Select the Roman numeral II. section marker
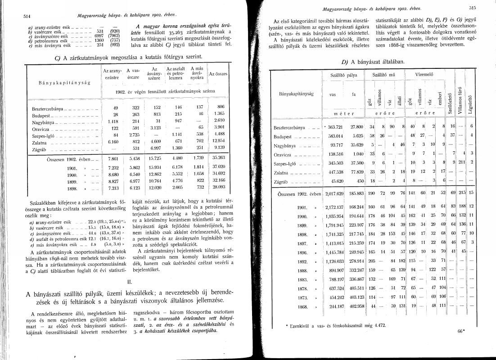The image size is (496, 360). [x=129, y=282]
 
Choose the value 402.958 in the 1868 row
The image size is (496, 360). [x=356, y=307]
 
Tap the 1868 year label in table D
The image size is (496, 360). [x=302, y=307]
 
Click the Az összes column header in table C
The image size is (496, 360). [x=218, y=73]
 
